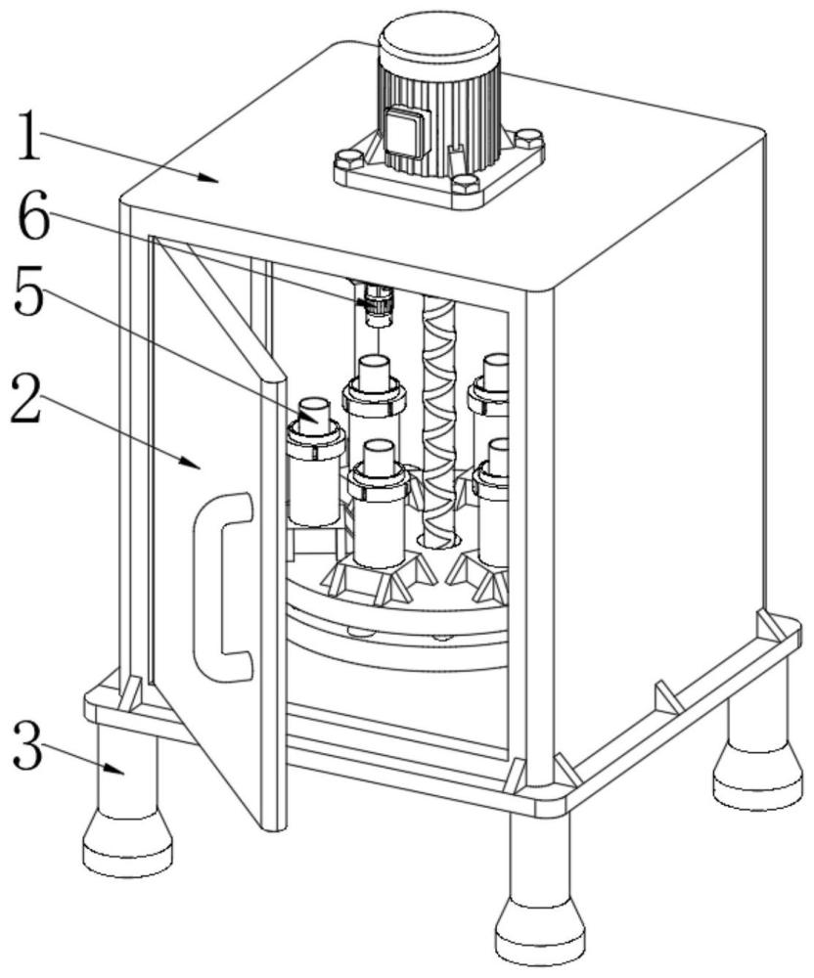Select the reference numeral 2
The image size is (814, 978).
point(25,398)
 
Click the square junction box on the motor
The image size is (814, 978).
point(407,130)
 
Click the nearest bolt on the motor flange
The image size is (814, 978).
point(465,184)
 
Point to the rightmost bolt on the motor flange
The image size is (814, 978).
point(529,136)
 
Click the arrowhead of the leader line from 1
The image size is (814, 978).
point(209,178)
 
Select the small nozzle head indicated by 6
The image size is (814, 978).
point(376,305)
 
